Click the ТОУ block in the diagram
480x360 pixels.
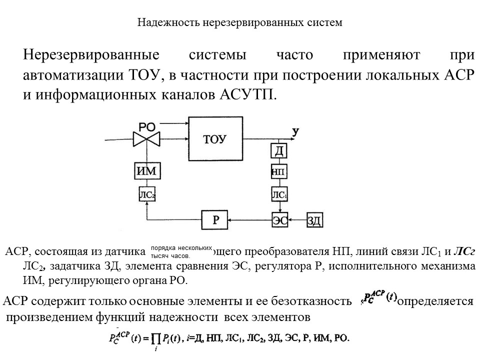(x=215, y=138)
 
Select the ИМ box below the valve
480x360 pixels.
(x=147, y=171)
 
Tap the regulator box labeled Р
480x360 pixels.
(x=215, y=219)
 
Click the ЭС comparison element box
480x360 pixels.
(x=280, y=219)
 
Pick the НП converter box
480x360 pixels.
(x=278, y=171)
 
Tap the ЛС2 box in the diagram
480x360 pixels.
(x=147, y=194)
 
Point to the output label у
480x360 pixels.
(x=295, y=131)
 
